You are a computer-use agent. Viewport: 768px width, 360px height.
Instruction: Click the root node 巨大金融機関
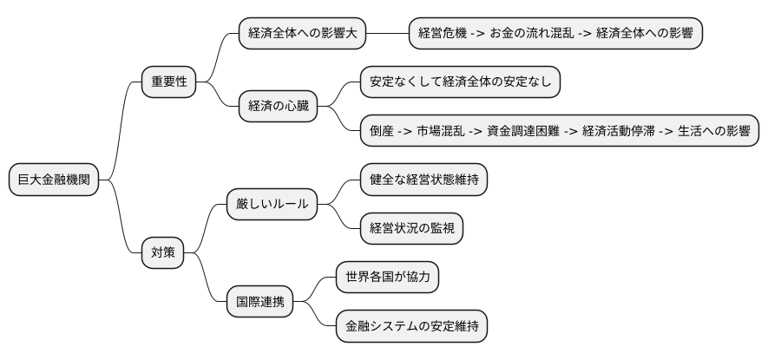(54, 180)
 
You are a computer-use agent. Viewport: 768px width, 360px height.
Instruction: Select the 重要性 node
(169, 82)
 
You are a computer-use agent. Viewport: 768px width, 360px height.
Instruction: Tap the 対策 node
(163, 253)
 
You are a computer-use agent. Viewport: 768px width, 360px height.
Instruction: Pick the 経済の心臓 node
(278, 107)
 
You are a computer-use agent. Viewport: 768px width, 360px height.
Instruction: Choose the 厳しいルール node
(272, 205)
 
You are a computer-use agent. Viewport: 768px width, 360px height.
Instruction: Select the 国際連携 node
(259, 303)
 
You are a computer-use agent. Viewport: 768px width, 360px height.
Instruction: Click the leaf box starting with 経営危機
(555, 35)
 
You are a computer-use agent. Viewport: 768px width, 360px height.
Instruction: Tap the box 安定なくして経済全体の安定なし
(461, 82)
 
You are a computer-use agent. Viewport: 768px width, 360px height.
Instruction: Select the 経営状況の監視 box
(412, 228)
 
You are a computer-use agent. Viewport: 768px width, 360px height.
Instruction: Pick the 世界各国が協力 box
(388, 278)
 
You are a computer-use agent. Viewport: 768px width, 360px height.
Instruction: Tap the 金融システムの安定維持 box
(411, 326)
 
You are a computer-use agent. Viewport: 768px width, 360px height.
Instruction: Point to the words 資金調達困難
(522, 131)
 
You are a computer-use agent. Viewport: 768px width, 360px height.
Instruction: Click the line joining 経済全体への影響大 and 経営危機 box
(387, 35)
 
